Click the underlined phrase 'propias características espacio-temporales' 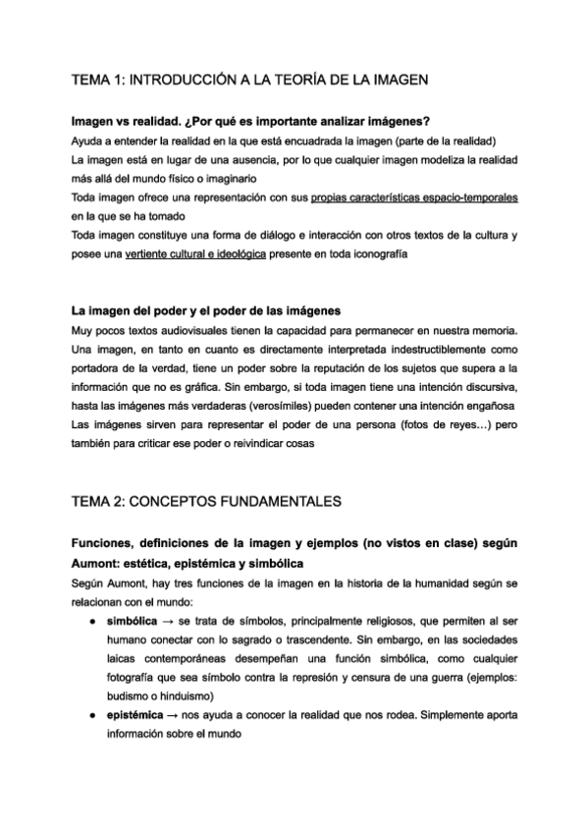coord(414,197)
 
